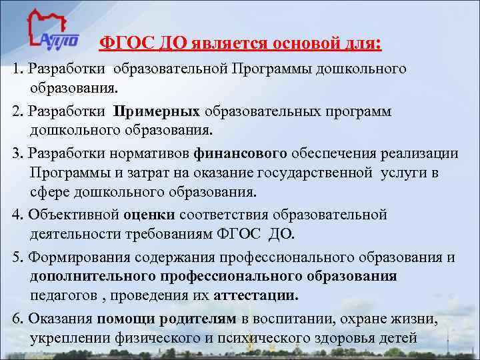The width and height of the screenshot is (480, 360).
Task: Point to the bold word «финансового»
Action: point(241,153)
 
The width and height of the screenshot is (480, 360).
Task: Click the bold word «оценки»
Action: point(149,215)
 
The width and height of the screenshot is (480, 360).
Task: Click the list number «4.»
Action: point(17,215)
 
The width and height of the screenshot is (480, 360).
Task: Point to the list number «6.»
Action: point(17,320)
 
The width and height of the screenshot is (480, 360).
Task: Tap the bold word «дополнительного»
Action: point(89,276)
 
